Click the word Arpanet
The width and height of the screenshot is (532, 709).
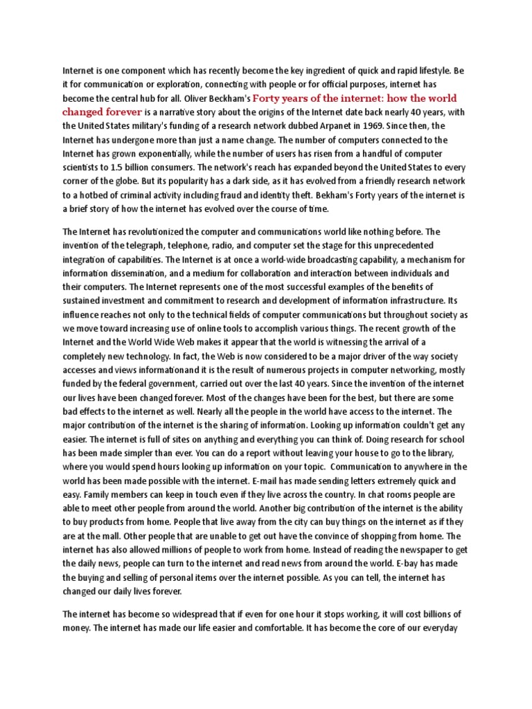click(362, 125)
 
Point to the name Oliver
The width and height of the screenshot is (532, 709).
click(201, 98)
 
